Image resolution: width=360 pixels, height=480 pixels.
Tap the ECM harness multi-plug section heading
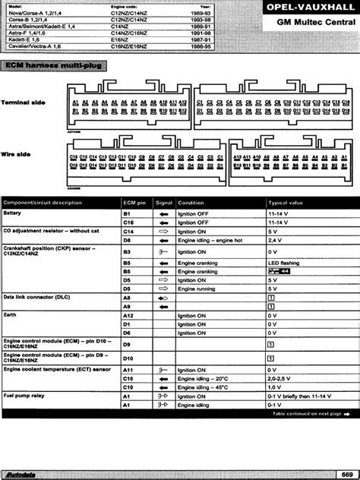click(x=57, y=67)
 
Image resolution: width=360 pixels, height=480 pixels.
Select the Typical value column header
click(x=286, y=203)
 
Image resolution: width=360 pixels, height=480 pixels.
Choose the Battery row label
click(x=14, y=214)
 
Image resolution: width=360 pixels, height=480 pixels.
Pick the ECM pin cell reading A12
click(x=128, y=314)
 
